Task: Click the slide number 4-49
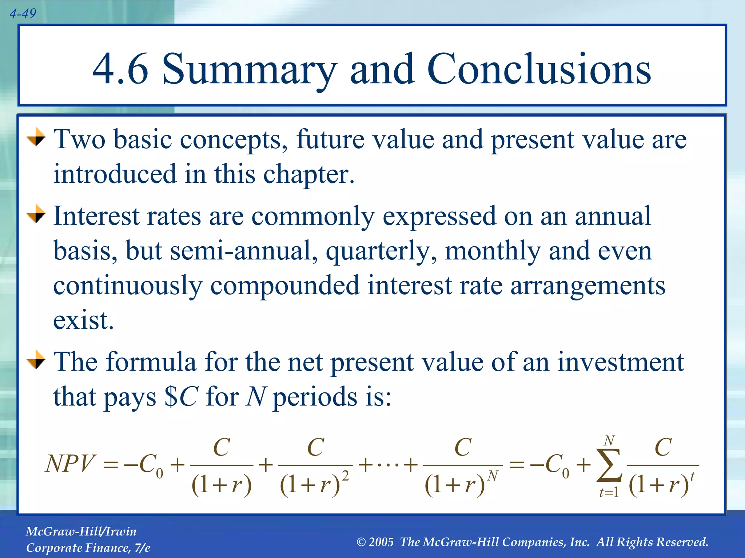pos(23,14)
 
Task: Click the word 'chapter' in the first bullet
pos(308,175)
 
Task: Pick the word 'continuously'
pos(127,286)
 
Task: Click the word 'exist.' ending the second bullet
pos(84,320)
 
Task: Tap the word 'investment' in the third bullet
pos(621,362)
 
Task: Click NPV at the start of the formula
pos(70,464)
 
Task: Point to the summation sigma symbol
pos(609,465)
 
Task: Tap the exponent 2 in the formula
pos(346,476)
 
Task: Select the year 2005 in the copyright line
pos(381,542)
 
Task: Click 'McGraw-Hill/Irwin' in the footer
pos(81,531)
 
